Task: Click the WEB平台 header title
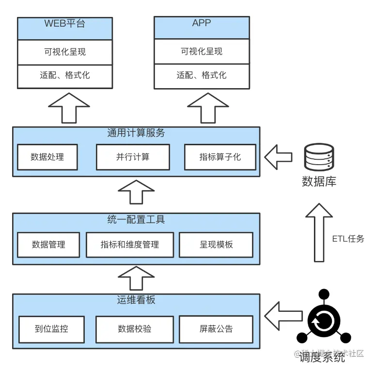(64, 23)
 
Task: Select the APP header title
(202, 23)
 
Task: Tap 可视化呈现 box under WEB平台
(64, 52)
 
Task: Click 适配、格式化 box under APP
(202, 76)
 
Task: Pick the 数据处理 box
(47, 157)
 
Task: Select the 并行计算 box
(133, 157)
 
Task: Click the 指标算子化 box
(220, 157)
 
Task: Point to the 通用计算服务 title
(136, 133)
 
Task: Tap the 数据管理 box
(48, 245)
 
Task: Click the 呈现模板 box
(216, 245)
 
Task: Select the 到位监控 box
(51, 329)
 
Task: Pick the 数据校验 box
(134, 329)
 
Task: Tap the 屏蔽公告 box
(216, 329)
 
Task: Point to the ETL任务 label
(348, 239)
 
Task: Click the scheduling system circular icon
(324, 320)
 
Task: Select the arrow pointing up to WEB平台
(69, 107)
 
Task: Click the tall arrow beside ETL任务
(319, 232)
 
